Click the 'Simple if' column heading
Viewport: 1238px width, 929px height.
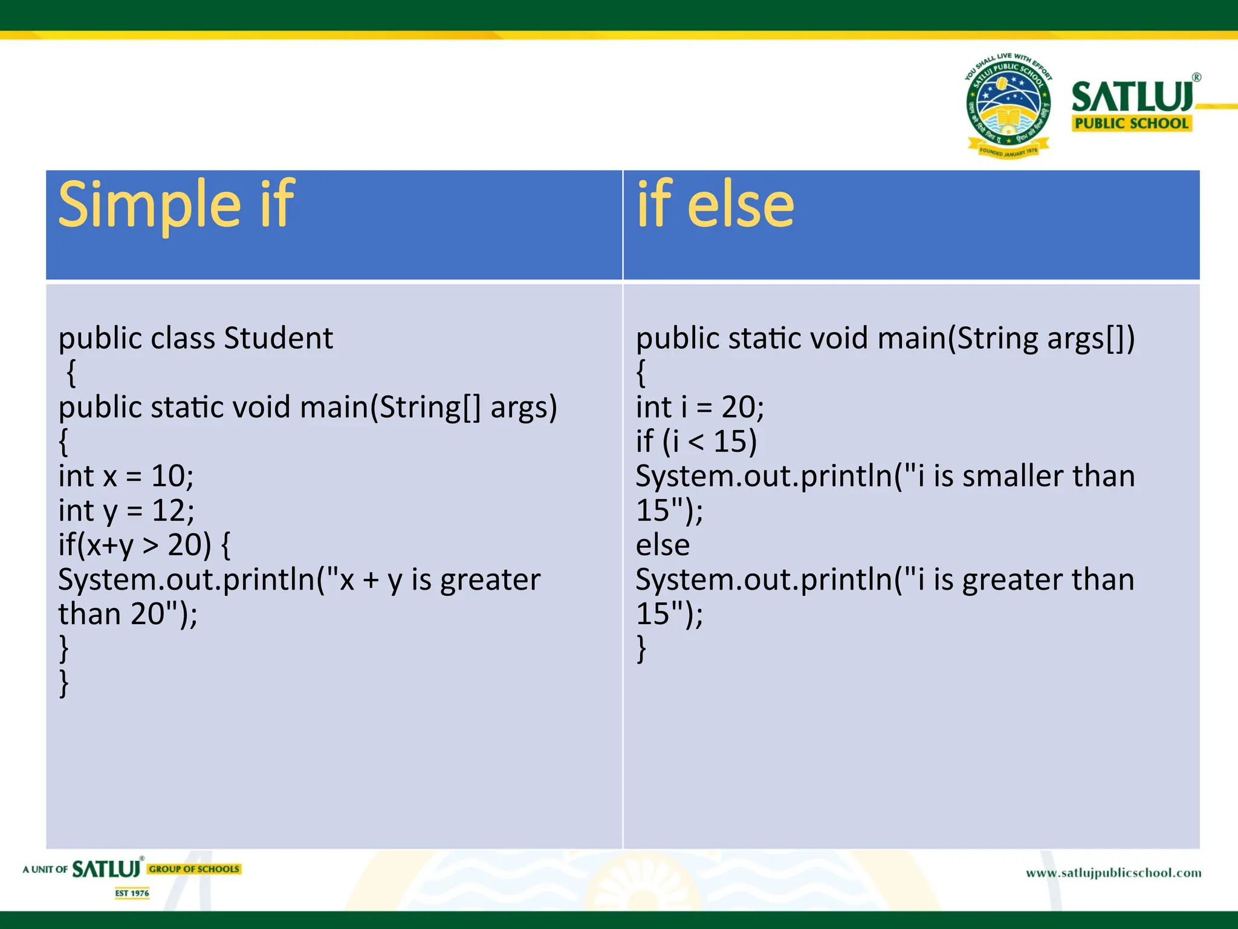[176, 205]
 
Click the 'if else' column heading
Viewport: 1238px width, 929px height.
[715, 205]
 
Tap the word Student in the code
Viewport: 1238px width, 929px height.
[278, 337]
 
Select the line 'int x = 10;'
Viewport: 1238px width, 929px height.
[126, 476]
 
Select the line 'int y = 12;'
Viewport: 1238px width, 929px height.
[126, 510]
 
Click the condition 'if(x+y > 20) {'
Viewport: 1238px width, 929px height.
[144, 545]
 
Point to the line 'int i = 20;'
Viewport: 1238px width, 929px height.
[699, 406]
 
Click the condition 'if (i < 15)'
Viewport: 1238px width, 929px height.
[696, 441]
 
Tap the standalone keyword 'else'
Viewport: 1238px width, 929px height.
[663, 545]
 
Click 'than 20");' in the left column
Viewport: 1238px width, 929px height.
[128, 614]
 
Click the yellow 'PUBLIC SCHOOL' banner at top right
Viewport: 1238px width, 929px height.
[1131, 123]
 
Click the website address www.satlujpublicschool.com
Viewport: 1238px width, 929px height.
[1113, 873]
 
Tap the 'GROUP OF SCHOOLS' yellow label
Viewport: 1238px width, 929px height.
[194, 869]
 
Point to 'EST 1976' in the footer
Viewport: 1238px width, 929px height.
[132, 893]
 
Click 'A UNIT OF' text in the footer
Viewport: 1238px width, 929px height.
[45, 870]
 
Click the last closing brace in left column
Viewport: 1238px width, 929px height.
[63, 683]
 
